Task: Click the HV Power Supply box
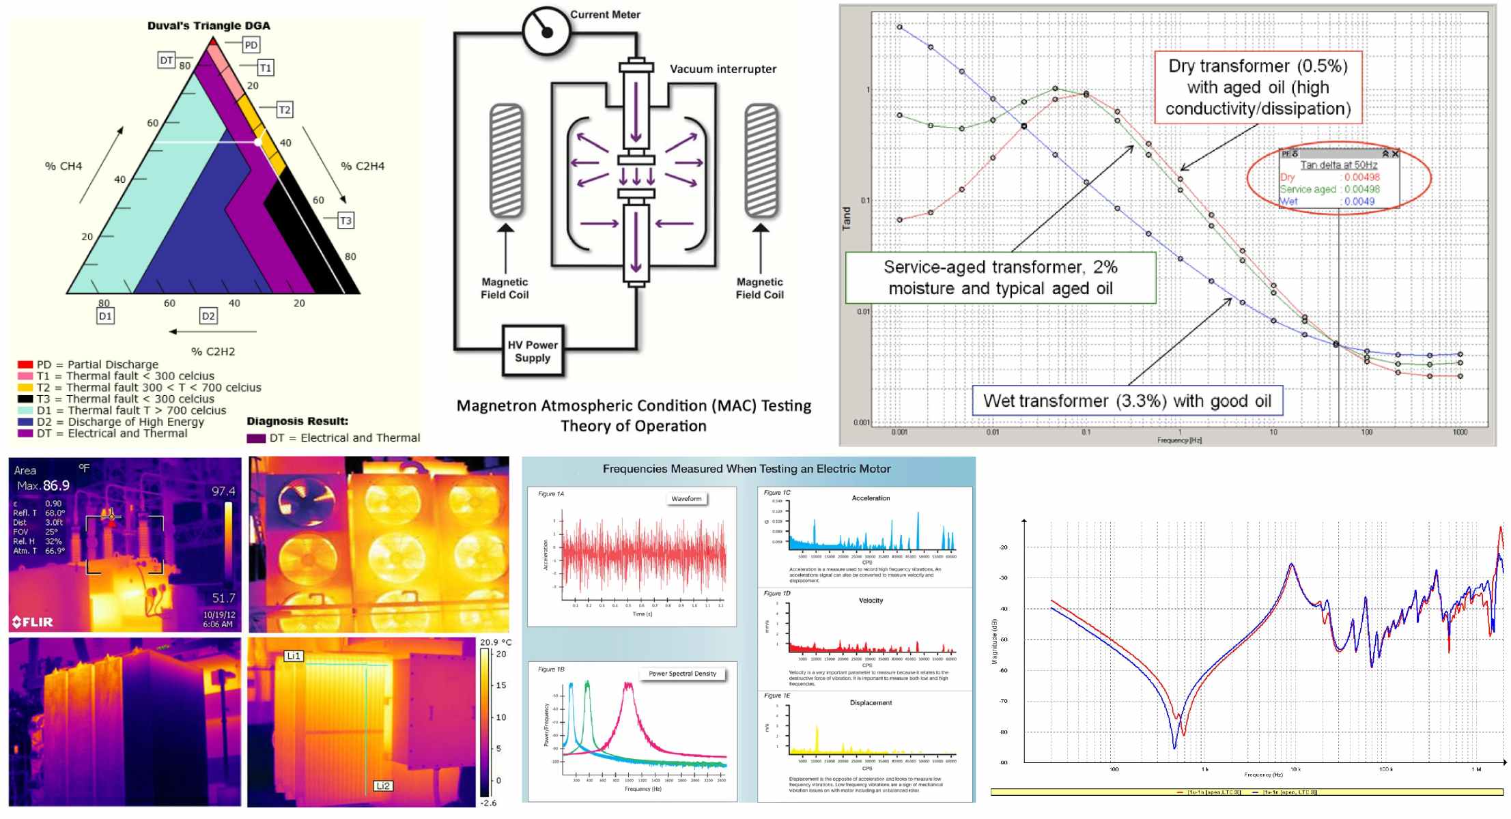click(533, 351)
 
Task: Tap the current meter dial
click(546, 31)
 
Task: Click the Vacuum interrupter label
click(722, 69)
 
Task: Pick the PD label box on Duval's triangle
click(251, 45)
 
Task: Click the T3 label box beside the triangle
click(345, 220)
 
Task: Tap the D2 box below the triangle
click(208, 316)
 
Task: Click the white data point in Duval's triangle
click(258, 142)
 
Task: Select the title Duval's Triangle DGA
click(209, 26)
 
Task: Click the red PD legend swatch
click(25, 365)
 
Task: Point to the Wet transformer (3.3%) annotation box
click(1127, 401)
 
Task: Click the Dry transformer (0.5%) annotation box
click(1258, 87)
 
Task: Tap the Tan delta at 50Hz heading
click(1338, 165)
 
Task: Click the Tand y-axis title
click(847, 218)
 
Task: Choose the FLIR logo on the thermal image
click(33, 622)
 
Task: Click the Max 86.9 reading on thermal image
click(44, 486)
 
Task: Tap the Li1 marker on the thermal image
click(294, 656)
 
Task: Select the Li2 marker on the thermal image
click(383, 786)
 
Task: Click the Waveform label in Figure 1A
click(686, 499)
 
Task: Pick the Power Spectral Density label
click(682, 674)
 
